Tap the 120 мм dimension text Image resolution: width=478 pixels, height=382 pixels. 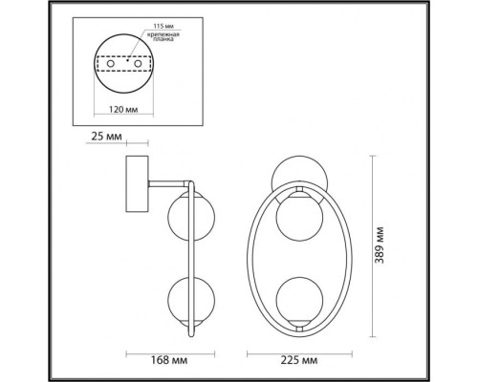click(x=123, y=110)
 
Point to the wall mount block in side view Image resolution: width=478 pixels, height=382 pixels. click(x=137, y=185)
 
